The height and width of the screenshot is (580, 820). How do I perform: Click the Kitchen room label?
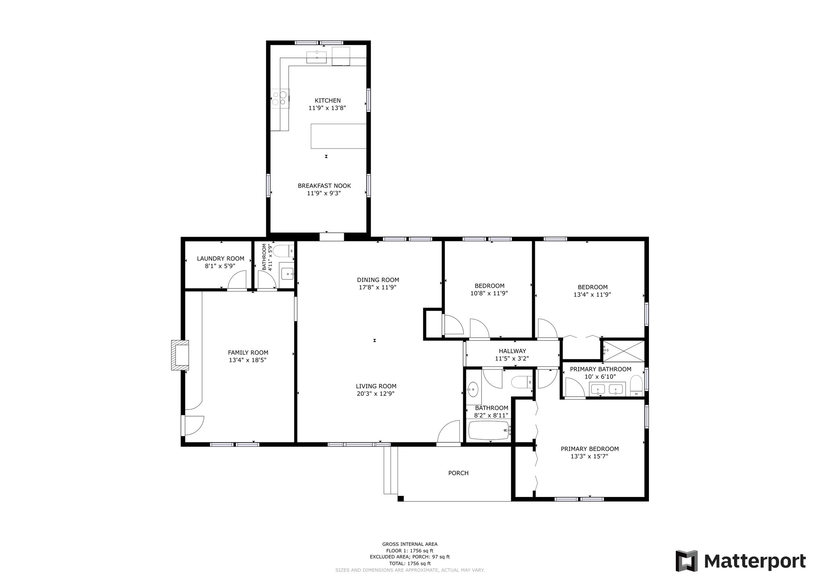coord(327,100)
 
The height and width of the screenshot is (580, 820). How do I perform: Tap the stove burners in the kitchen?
coord(280,98)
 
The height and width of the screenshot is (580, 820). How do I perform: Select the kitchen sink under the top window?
coord(316,57)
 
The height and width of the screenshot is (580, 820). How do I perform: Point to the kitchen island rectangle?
coord(338,136)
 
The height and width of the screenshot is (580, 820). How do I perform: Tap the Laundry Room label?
coord(220,258)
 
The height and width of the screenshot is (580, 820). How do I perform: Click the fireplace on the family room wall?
coord(180,355)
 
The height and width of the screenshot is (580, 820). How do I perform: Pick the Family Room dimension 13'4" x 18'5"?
coord(247,360)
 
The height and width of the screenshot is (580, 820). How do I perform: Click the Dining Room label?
coord(378,280)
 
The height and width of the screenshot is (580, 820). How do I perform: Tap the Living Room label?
coord(376,386)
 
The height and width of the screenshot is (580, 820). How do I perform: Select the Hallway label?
coord(512,351)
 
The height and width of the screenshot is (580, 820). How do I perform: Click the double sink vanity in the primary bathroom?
coord(607,389)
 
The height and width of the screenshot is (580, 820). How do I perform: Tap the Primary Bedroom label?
coord(590,449)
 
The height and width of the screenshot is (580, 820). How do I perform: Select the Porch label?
coord(458,473)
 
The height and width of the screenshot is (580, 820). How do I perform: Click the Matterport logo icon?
coord(686,561)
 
